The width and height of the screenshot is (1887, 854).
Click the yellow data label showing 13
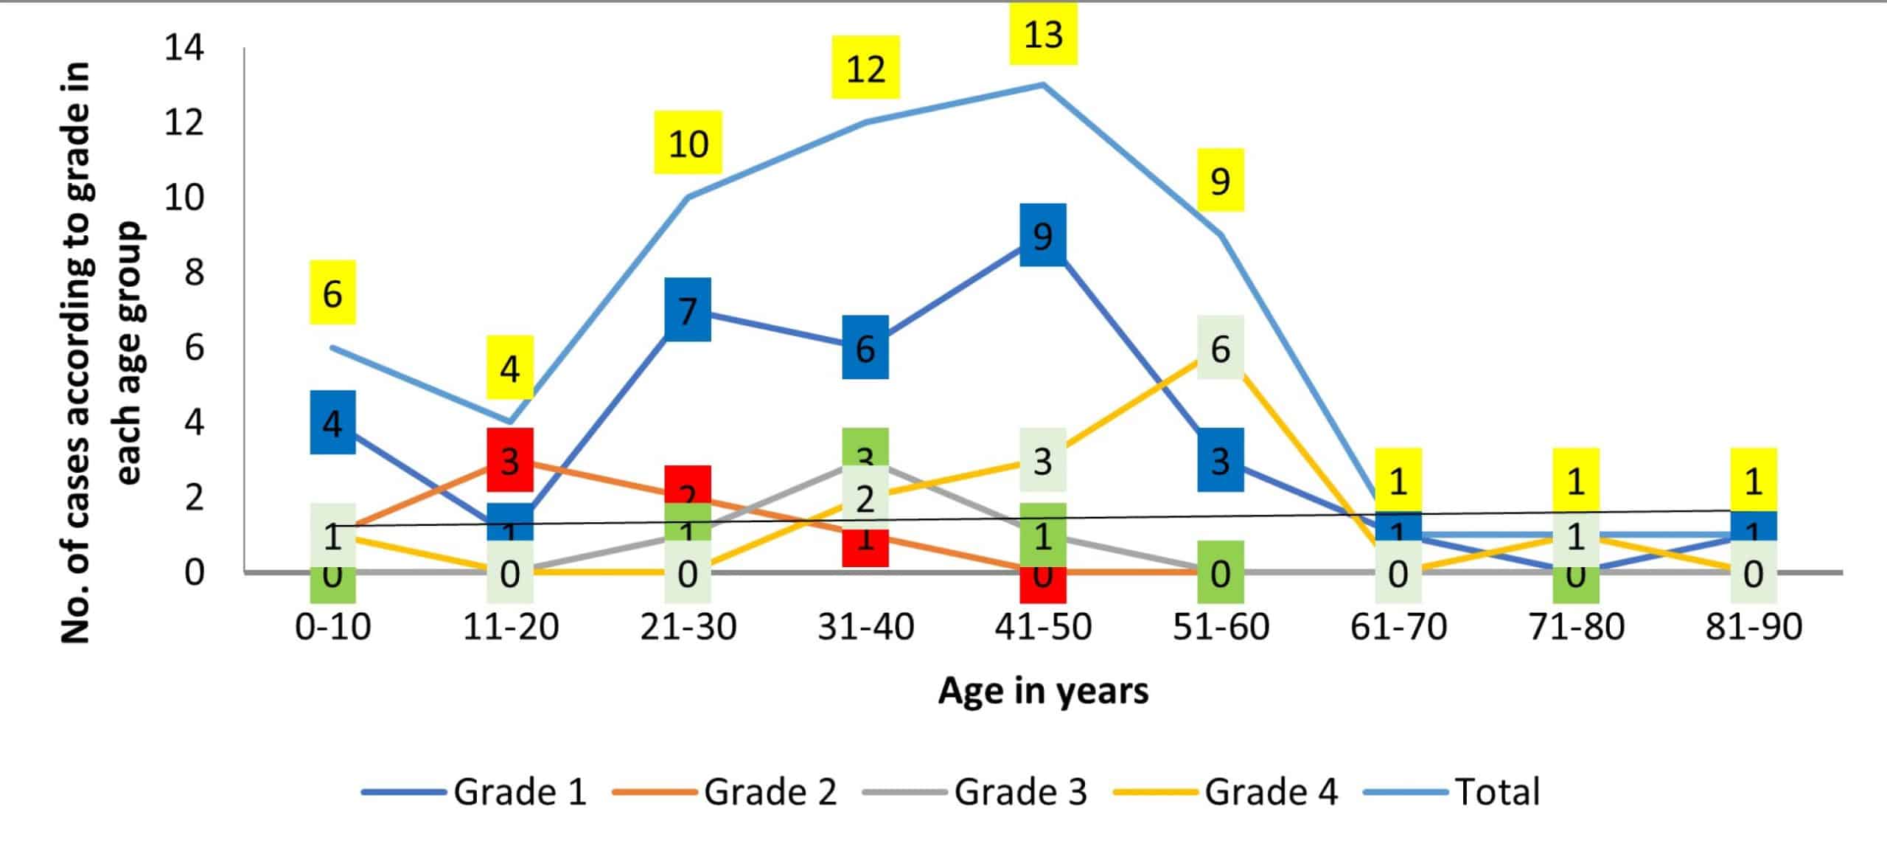[x=1043, y=34]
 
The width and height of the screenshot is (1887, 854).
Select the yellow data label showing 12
[x=865, y=68]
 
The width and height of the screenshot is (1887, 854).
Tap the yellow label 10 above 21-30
[x=688, y=143]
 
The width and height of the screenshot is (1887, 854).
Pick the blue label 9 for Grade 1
[x=1042, y=235]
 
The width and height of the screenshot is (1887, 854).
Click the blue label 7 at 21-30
[x=687, y=310]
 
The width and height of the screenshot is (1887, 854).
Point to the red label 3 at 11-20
[x=509, y=459]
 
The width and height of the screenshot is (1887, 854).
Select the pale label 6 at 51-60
[x=1220, y=347]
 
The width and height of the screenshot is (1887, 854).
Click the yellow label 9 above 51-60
[x=1220, y=180]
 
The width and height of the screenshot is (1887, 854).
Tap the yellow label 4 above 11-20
[x=509, y=367]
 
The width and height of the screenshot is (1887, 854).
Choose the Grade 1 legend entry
[x=475, y=792]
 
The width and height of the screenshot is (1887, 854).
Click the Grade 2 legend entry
[x=725, y=792]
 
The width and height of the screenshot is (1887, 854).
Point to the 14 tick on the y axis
[x=184, y=48]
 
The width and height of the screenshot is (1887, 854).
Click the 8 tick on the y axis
[x=195, y=272]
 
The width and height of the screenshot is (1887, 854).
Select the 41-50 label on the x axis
[x=1043, y=627]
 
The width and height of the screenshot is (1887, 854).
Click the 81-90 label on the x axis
[x=1754, y=627]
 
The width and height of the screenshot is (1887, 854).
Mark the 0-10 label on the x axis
[x=332, y=627]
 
